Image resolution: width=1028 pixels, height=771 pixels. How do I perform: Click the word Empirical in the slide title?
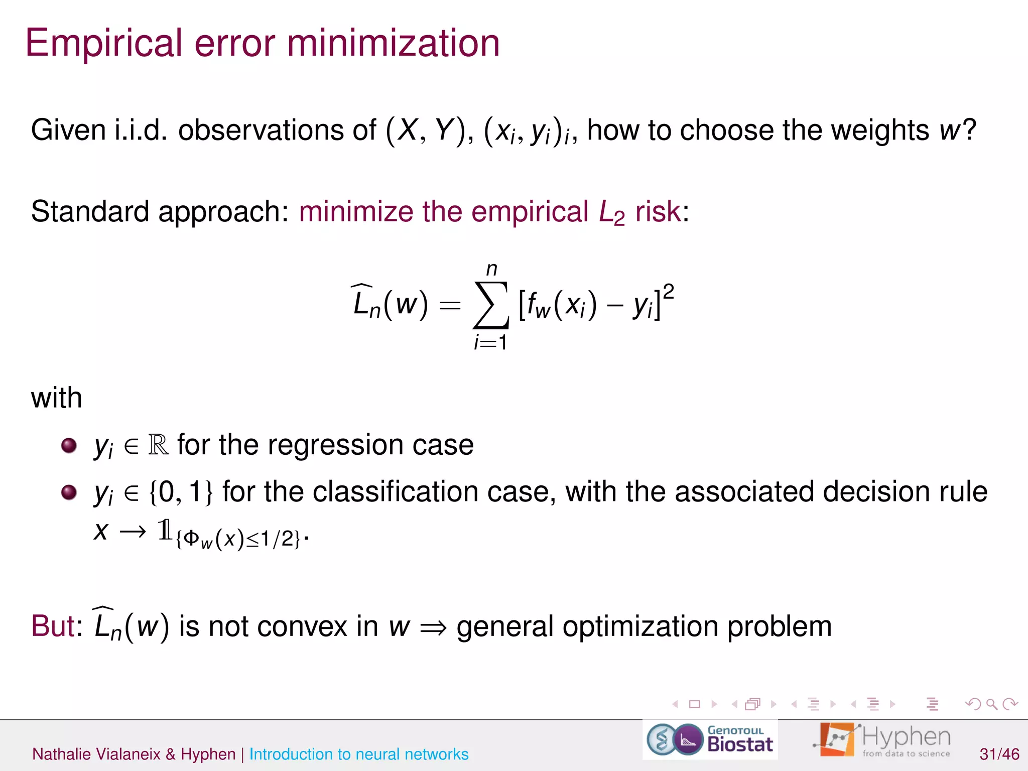click(x=103, y=44)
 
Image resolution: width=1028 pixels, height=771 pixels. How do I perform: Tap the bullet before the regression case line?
click(x=69, y=445)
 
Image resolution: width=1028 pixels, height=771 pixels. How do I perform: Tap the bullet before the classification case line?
click(x=69, y=492)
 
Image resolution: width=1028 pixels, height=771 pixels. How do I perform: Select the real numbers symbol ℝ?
click(x=159, y=445)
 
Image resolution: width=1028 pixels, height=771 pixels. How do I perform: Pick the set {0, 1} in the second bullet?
click(x=181, y=492)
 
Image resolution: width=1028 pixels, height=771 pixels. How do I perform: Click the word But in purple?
click(x=56, y=626)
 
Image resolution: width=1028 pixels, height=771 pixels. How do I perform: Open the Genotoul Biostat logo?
click(x=710, y=739)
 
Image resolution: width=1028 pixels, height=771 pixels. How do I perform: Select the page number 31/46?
click(x=999, y=754)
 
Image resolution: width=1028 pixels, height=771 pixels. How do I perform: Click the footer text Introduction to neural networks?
click(x=359, y=754)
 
